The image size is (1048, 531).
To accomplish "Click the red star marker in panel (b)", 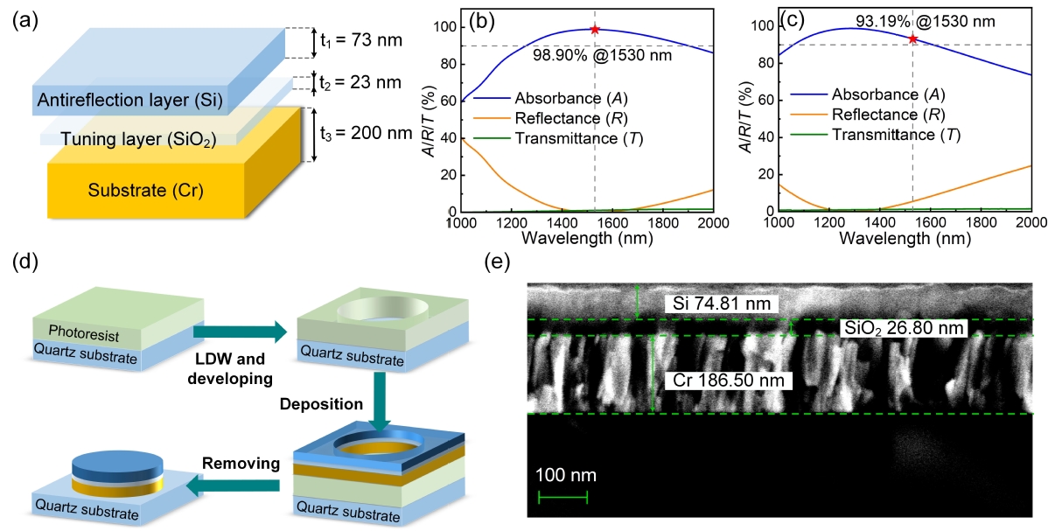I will coord(595,30).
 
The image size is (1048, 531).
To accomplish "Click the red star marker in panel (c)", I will coord(912,39).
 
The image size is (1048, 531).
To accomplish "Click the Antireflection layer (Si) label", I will coord(127,99).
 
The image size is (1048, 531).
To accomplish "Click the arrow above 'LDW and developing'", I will coord(240,331).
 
